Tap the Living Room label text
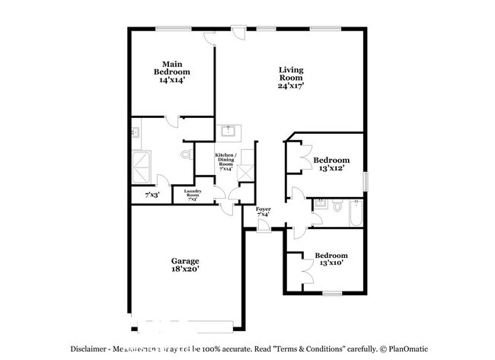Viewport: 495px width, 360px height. (x=291, y=74)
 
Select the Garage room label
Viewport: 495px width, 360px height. (x=185, y=261)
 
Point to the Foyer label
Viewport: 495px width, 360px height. (x=263, y=209)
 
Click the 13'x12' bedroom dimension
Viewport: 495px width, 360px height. (x=331, y=169)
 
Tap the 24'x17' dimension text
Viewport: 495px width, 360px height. (x=291, y=86)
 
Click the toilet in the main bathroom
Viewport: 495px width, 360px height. (x=185, y=155)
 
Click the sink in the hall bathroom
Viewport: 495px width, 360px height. (x=321, y=203)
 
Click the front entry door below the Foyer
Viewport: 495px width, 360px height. (x=262, y=228)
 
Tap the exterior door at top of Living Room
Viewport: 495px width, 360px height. (x=238, y=33)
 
